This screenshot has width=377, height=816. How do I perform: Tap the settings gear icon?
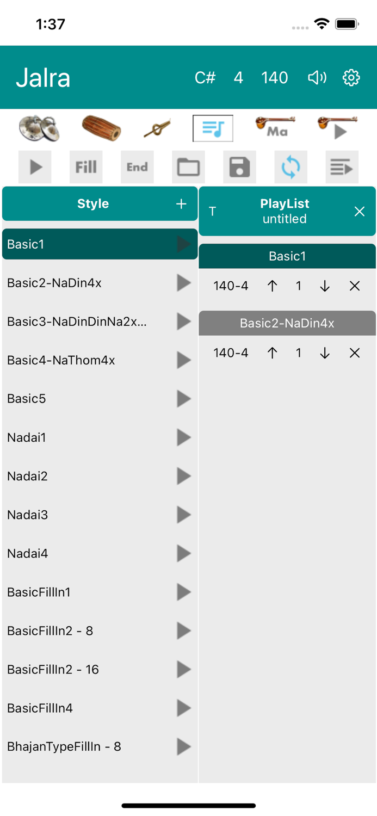click(x=351, y=78)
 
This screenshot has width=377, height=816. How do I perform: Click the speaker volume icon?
click(x=317, y=78)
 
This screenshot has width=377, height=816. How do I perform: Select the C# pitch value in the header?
click(x=205, y=78)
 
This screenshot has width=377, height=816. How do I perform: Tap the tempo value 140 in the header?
click(x=274, y=78)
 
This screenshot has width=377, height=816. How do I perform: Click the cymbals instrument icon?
click(x=39, y=128)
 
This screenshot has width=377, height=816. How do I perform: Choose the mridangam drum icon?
click(x=101, y=128)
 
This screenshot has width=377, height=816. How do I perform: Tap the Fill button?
click(x=86, y=167)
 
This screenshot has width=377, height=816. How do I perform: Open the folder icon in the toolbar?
click(x=188, y=167)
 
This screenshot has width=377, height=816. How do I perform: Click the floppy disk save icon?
click(x=239, y=167)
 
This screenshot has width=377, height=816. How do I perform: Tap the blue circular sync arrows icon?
click(x=291, y=167)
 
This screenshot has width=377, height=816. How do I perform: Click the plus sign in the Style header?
click(x=181, y=203)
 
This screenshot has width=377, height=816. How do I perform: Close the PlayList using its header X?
click(x=360, y=211)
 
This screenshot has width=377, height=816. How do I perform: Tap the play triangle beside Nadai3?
click(x=184, y=515)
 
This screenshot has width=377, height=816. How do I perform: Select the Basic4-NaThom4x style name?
click(x=61, y=360)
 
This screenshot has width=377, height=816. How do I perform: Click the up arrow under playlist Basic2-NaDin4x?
click(x=272, y=353)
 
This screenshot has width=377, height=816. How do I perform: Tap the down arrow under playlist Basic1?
click(x=325, y=286)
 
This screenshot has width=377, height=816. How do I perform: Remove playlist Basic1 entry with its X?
click(x=354, y=286)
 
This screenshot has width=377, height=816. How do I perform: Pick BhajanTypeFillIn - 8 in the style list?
click(x=64, y=746)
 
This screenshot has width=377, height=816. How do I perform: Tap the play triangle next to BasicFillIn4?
click(x=184, y=708)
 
